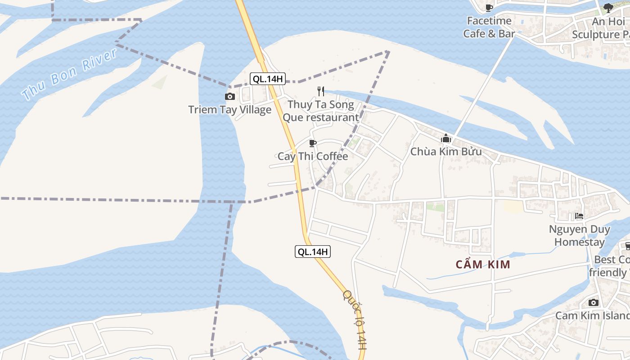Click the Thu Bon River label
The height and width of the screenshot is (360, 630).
[70, 74]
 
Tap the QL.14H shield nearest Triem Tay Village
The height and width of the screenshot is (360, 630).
[268, 79]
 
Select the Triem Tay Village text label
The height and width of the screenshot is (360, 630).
[230, 110]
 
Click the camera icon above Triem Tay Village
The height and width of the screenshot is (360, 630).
[230, 96]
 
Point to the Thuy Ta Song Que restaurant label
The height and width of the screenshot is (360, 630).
[320, 111]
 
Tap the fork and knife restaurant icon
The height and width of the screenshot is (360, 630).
[321, 91]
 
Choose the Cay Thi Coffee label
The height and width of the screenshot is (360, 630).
[313, 157]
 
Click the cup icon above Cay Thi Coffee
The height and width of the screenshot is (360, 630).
[313, 144]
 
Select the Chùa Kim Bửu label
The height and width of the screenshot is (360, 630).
[446, 152]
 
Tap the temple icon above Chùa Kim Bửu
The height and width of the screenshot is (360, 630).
[446, 139]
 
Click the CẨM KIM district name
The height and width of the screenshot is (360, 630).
[483, 264]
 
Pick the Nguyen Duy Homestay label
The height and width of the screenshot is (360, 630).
[580, 235]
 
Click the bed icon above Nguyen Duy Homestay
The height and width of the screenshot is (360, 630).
[579, 216]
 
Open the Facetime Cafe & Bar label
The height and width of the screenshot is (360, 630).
[489, 27]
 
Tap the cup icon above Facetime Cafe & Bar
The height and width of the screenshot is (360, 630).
[489, 8]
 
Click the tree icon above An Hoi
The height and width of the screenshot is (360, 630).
[608, 8]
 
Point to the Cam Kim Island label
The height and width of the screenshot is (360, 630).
[592, 315]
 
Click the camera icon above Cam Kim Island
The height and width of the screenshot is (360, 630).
[594, 302]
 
